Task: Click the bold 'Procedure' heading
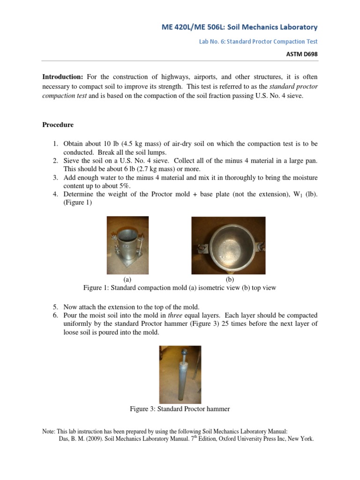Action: [58, 125]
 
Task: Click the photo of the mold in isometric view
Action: [127, 245]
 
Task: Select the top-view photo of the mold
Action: [228, 245]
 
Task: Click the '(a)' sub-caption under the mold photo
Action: [127, 280]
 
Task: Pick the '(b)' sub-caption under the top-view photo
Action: [230, 280]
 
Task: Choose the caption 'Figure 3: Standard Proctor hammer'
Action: [180, 409]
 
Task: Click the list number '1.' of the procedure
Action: [55, 143]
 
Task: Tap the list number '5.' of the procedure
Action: [55, 307]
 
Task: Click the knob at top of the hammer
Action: [180, 350]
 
